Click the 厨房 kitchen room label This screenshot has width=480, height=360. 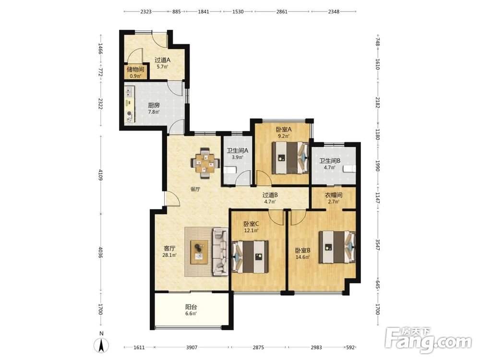coord(154,105)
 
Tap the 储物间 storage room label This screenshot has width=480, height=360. coord(135,70)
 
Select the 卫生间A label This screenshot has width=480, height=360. coord(237,151)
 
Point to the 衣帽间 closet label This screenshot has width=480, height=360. coord(334,195)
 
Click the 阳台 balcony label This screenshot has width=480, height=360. coord(191,307)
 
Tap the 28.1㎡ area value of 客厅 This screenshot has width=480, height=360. coord(169,255)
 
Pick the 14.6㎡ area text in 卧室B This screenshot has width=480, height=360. coord(303,257)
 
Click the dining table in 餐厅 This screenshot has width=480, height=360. coord(205,163)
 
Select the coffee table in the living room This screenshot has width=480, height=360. coord(199,252)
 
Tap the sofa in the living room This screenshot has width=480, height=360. coord(220,252)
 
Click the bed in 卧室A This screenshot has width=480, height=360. coord(290,157)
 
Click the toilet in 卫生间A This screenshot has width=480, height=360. coord(229,170)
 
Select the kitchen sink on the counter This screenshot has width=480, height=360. coord(129,91)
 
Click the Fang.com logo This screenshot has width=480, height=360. coord(428,340)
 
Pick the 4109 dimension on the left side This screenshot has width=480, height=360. coord(100,175)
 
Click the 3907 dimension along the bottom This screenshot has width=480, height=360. coord(192,348)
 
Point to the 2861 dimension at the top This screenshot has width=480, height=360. coord(282,12)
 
